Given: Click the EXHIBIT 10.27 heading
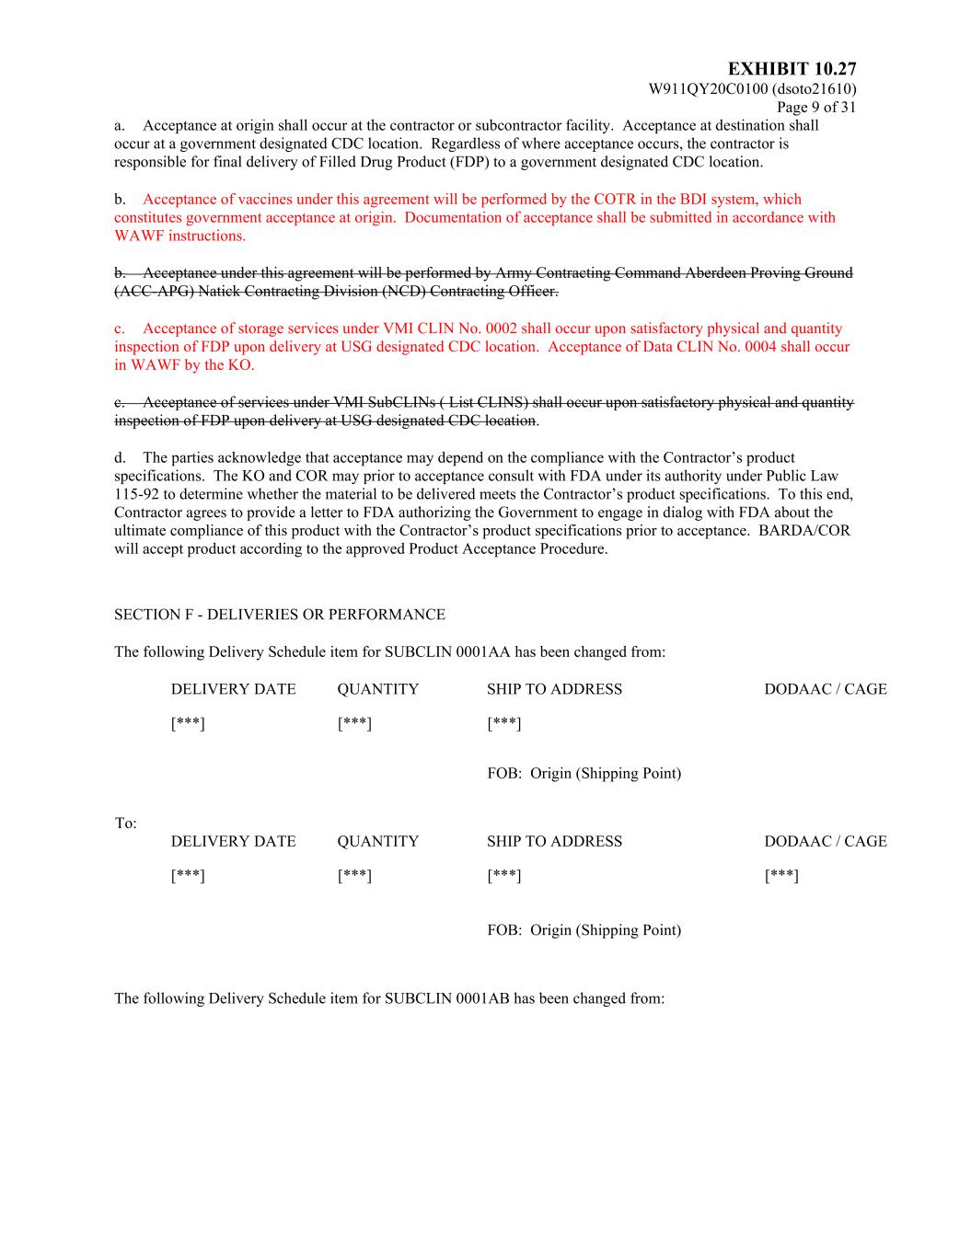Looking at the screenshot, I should [x=792, y=69].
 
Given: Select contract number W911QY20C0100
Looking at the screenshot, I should [x=709, y=89].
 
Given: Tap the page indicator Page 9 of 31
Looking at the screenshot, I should [x=816, y=107].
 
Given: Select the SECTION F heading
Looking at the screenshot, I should [x=279, y=615].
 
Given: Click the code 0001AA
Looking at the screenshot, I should [x=482, y=652].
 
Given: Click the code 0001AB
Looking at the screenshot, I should [x=482, y=998].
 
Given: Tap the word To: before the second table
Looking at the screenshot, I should [x=126, y=824].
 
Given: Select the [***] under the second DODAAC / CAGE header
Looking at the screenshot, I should [x=781, y=876].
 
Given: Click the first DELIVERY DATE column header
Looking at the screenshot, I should [x=234, y=689].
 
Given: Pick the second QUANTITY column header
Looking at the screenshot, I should [x=377, y=841].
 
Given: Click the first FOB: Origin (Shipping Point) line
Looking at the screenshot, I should [x=584, y=773].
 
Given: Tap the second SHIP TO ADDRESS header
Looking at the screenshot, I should [x=554, y=841].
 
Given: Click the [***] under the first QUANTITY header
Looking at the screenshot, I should [x=354, y=724].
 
